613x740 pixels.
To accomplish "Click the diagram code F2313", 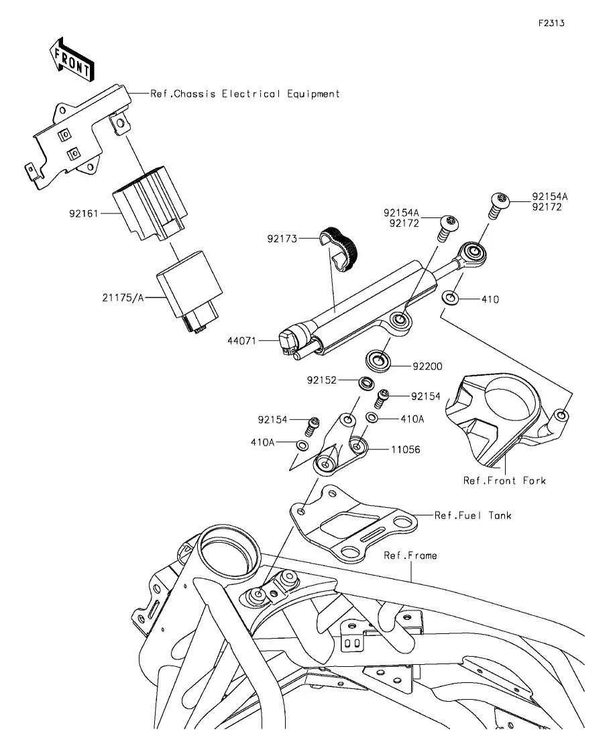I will click(x=551, y=23).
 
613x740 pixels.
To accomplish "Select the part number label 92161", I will click(x=84, y=214).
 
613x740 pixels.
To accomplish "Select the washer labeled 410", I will click(x=452, y=297).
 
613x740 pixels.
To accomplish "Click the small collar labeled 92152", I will click(x=367, y=384).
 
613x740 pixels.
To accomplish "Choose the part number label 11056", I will click(x=406, y=450).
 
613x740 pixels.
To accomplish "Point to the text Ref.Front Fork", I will click(x=504, y=480).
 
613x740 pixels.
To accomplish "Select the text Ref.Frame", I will click(x=410, y=556).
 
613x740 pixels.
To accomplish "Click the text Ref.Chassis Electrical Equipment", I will click(x=245, y=94).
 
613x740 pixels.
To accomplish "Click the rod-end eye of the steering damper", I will click(x=474, y=253).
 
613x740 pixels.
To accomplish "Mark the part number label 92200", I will click(x=427, y=366).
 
